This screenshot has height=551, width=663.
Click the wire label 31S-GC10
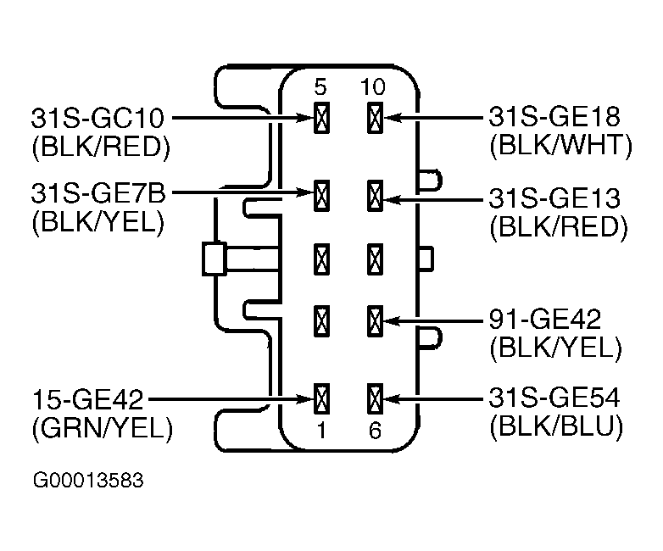coord(97,118)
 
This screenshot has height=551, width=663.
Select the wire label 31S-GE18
coord(554,116)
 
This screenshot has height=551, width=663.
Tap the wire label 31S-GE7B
coord(98,193)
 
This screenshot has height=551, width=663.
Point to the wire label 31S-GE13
coord(554,198)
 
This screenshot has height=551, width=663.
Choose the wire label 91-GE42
coord(544,320)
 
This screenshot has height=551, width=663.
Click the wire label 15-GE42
coord(88,399)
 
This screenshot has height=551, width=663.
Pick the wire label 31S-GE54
coord(554,398)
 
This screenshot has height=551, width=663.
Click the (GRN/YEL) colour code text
coord(103,429)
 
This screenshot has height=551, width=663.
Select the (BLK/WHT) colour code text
coord(560,146)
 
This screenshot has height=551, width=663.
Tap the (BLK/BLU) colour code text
coord(556,426)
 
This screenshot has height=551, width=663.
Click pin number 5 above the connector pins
coord(320,87)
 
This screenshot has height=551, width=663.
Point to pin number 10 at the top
coord(373,87)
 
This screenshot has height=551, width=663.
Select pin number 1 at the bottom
coord(321,431)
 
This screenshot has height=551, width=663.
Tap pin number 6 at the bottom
coord(375,431)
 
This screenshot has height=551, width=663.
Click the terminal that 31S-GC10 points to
coord(321,118)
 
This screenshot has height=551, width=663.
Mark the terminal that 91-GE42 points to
coord(375,321)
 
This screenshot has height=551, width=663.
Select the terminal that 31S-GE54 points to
coord(375,398)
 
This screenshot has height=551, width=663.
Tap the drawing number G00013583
coord(88,481)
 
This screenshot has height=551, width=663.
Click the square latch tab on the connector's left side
coord(214,259)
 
